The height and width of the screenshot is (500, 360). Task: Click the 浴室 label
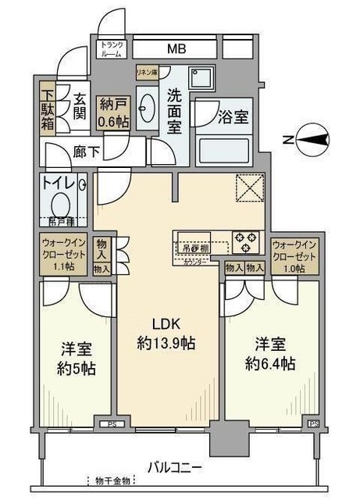[232, 117]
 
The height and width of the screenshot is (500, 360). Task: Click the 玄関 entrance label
[78, 108]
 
